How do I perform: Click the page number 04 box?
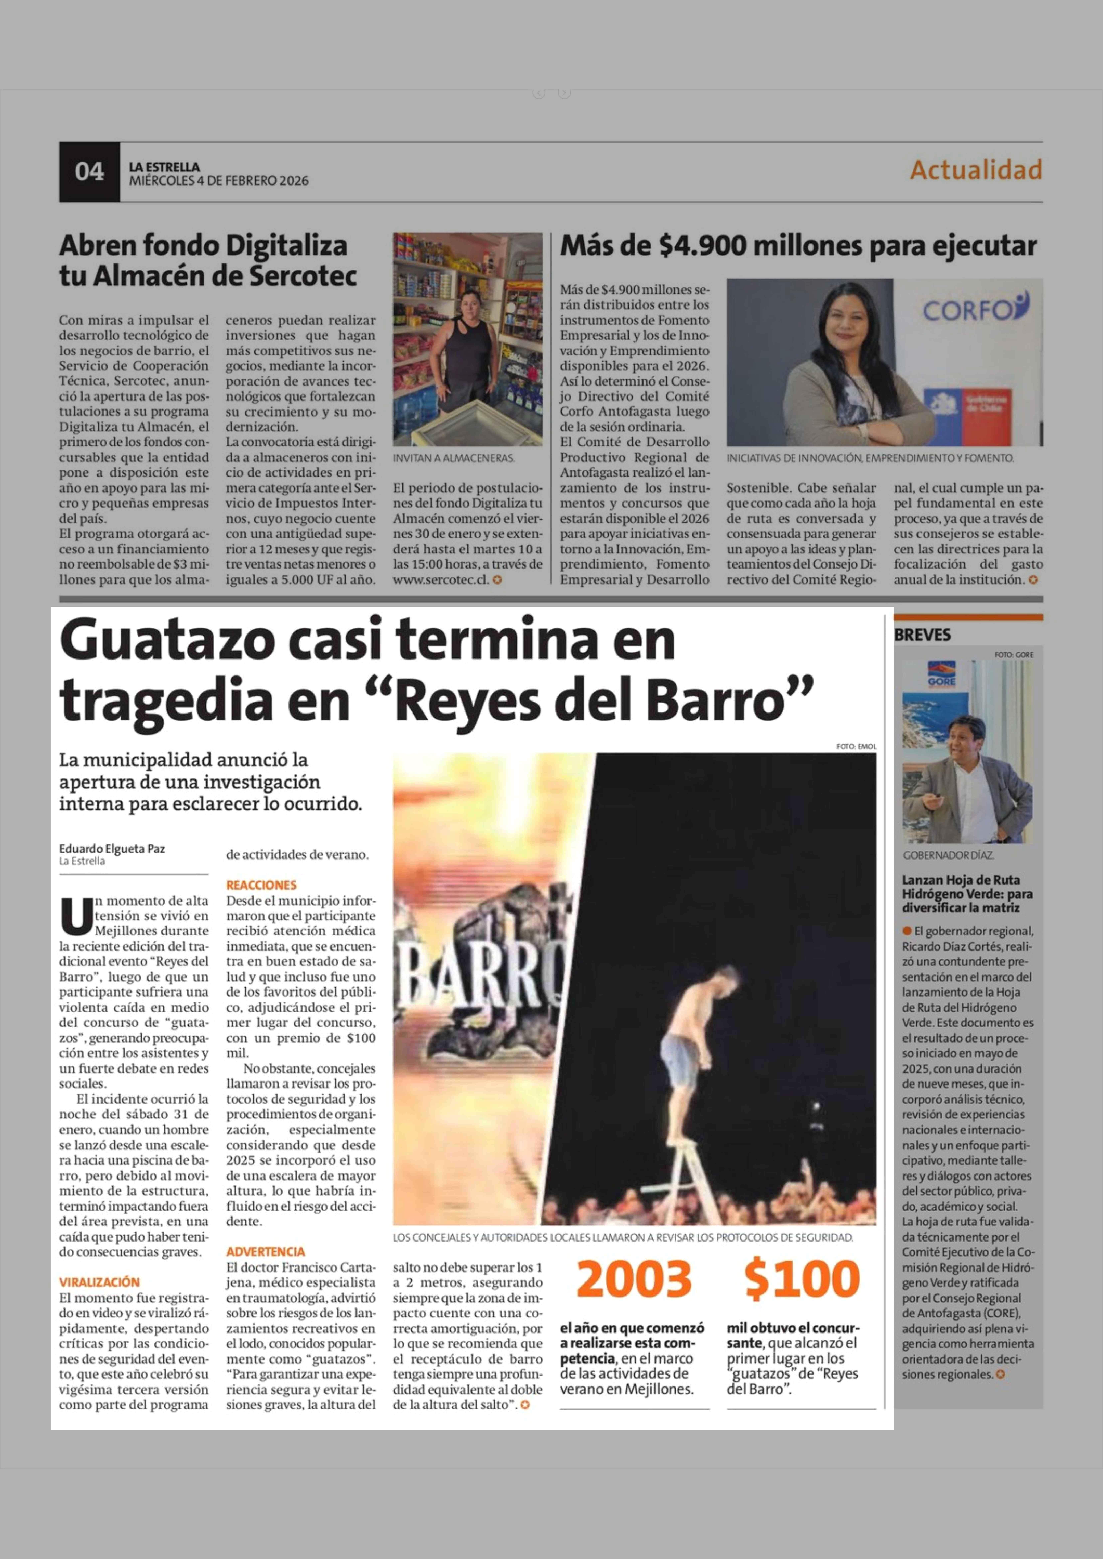pos(89,172)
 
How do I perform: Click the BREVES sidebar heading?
pos(922,635)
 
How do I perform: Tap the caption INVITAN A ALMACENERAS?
pos(454,458)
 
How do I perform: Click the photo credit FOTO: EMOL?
pos(856,746)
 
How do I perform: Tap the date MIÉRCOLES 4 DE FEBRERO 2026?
pos(219,181)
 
